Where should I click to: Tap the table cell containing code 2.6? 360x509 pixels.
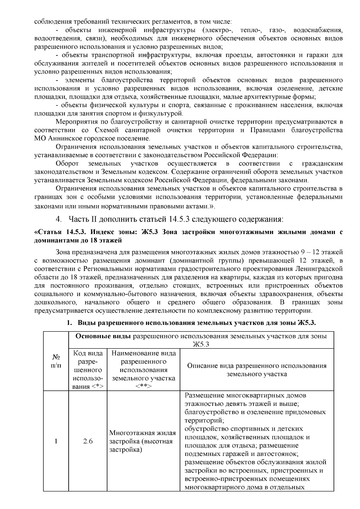pyautogui.click(x=88, y=441)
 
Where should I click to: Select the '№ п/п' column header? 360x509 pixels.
pyautogui.click(x=56, y=361)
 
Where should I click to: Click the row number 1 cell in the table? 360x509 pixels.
pyautogui.click(x=56, y=441)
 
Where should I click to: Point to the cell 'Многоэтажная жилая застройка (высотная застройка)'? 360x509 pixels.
pyautogui.click(x=143, y=441)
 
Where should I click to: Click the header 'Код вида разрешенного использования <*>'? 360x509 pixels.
pyautogui.click(x=88, y=370)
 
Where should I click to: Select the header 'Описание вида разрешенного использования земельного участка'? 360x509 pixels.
pyautogui.click(x=256, y=370)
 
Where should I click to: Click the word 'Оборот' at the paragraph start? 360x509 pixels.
pyautogui.click(x=67, y=163)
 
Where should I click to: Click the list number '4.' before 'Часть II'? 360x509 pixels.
pyautogui.click(x=59, y=219)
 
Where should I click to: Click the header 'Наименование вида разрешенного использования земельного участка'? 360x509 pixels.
pyautogui.click(x=143, y=370)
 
